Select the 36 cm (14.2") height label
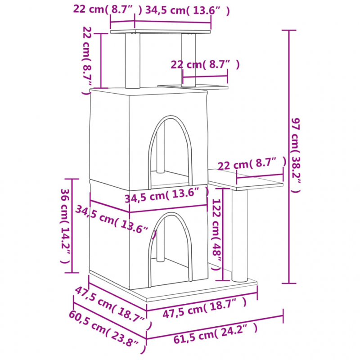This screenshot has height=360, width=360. pos(65,226)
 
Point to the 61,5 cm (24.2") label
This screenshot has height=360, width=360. pos(216,333)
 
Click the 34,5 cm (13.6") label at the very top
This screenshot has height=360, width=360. pos(188,10)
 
